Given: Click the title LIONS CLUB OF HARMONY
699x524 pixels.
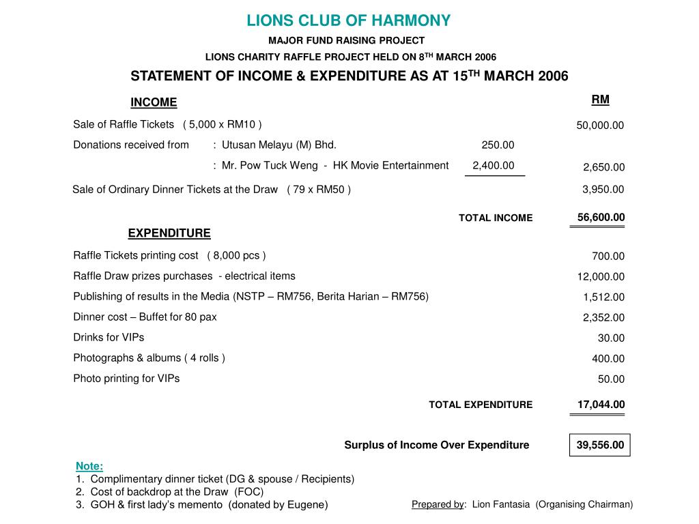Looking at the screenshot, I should pyautogui.click(x=349, y=20).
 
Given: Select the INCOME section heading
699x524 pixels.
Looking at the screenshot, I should pyautogui.click(x=154, y=102).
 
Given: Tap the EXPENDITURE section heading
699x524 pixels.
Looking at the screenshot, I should pyautogui.click(x=169, y=233).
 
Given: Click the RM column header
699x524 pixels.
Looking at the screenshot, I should pyautogui.click(x=600, y=100).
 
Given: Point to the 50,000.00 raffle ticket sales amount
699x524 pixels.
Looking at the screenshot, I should pyautogui.click(x=600, y=126).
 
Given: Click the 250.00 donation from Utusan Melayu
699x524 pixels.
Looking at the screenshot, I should pyautogui.click(x=498, y=145).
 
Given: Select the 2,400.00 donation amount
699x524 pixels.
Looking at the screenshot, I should pyautogui.click(x=494, y=165).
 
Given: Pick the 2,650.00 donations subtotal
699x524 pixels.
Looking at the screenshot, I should pyautogui.click(x=603, y=168).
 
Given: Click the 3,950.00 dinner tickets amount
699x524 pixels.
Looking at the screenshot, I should pyautogui.click(x=603, y=190).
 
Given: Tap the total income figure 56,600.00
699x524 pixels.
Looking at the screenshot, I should pyautogui.click(x=601, y=218).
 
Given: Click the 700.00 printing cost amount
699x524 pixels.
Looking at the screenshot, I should pyautogui.click(x=608, y=257).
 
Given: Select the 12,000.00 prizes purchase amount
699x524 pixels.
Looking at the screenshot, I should pyautogui.click(x=601, y=277).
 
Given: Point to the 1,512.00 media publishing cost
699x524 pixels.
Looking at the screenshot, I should pyautogui.click(x=603, y=297).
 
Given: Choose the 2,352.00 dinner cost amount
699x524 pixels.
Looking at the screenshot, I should pyautogui.click(x=603, y=318).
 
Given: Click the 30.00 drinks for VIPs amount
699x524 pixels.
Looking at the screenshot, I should pyautogui.click(x=611, y=338).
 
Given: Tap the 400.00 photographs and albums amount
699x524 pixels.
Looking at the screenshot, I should pyautogui.click(x=608, y=359).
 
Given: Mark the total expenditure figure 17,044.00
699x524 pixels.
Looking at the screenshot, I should pyautogui.click(x=601, y=405).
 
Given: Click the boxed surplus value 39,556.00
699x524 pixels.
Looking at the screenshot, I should pyautogui.click(x=600, y=446).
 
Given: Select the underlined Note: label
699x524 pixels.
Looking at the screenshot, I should pyautogui.click(x=89, y=466).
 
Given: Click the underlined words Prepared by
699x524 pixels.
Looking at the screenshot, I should pyautogui.click(x=438, y=504).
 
